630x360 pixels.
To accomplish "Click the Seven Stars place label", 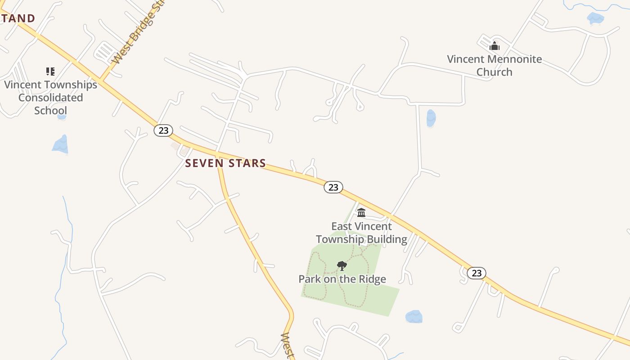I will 225,163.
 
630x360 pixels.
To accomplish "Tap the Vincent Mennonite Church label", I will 494,65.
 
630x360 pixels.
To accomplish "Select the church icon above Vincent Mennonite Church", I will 495,46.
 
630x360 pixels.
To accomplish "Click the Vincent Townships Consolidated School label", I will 50,97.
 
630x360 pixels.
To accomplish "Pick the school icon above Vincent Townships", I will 50,71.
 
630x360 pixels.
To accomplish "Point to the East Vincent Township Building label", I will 361,233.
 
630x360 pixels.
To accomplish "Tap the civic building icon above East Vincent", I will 361,212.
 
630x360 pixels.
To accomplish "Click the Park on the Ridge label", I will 342,279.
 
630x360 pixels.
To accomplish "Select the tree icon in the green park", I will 342,265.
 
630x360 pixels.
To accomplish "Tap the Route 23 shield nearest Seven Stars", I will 163,130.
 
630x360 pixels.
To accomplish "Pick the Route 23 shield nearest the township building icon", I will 333,187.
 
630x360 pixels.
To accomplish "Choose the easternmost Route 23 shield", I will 477,273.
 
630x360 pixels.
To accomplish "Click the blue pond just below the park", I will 414,317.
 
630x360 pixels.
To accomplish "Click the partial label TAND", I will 18,18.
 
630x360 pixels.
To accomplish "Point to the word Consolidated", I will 50,98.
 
